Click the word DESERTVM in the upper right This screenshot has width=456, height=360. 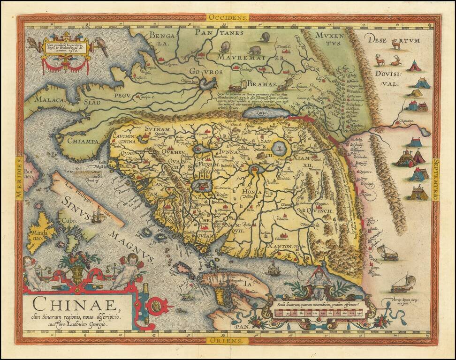click(x=394, y=39)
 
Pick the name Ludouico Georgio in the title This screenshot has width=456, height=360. click(x=84, y=324)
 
